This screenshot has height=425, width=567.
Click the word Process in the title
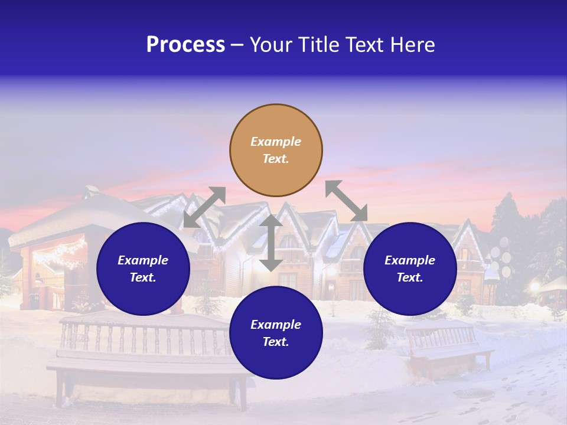coord(185,45)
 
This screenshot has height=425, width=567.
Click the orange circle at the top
coord(276,150)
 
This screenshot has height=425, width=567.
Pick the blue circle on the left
coord(143,269)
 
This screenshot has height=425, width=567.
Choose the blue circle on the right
coord(410,269)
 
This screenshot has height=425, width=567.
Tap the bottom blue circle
coord(276,333)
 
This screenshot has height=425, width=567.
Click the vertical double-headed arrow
coord(271,243)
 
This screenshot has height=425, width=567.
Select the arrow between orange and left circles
coord(204,207)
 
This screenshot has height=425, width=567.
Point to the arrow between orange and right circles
coord(346,201)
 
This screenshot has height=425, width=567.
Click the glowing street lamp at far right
coord(536,287)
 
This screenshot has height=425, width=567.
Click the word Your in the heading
coord(269,45)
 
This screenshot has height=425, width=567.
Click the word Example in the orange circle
coord(276,142)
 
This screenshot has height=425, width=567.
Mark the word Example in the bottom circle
coord(276,325)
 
